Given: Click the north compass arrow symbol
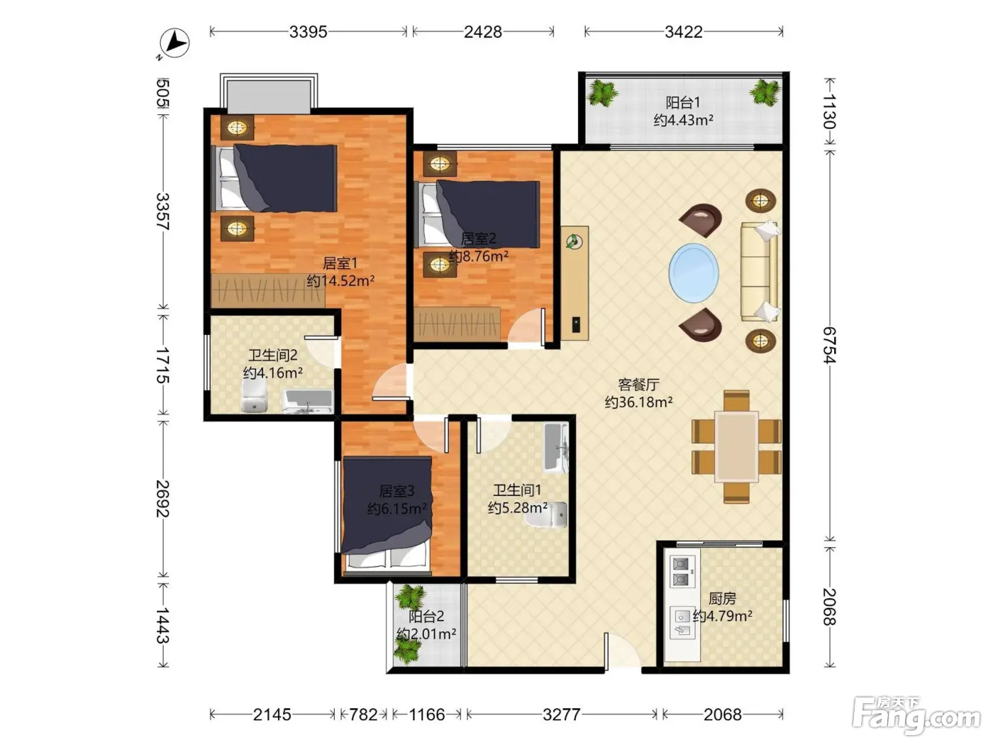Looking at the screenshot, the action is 174,43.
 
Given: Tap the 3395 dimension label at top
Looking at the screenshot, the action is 308,32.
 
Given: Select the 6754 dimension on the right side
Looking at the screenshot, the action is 829,345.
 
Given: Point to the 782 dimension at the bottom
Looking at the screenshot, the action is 363,714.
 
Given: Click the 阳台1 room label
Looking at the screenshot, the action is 682,103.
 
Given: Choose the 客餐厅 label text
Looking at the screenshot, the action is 638,385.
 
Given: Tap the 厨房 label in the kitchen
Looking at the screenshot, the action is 722,598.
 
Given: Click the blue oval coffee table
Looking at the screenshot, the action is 694,273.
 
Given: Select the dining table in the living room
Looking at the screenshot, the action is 736,446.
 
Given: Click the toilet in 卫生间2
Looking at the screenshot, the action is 254,396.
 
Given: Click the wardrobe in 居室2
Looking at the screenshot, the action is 457,324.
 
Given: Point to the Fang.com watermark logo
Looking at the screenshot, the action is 916,717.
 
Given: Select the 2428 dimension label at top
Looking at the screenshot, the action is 483,32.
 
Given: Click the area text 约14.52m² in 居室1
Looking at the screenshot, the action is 340,280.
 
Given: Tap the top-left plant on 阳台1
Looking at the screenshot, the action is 601,93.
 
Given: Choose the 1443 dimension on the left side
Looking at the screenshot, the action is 163,625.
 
